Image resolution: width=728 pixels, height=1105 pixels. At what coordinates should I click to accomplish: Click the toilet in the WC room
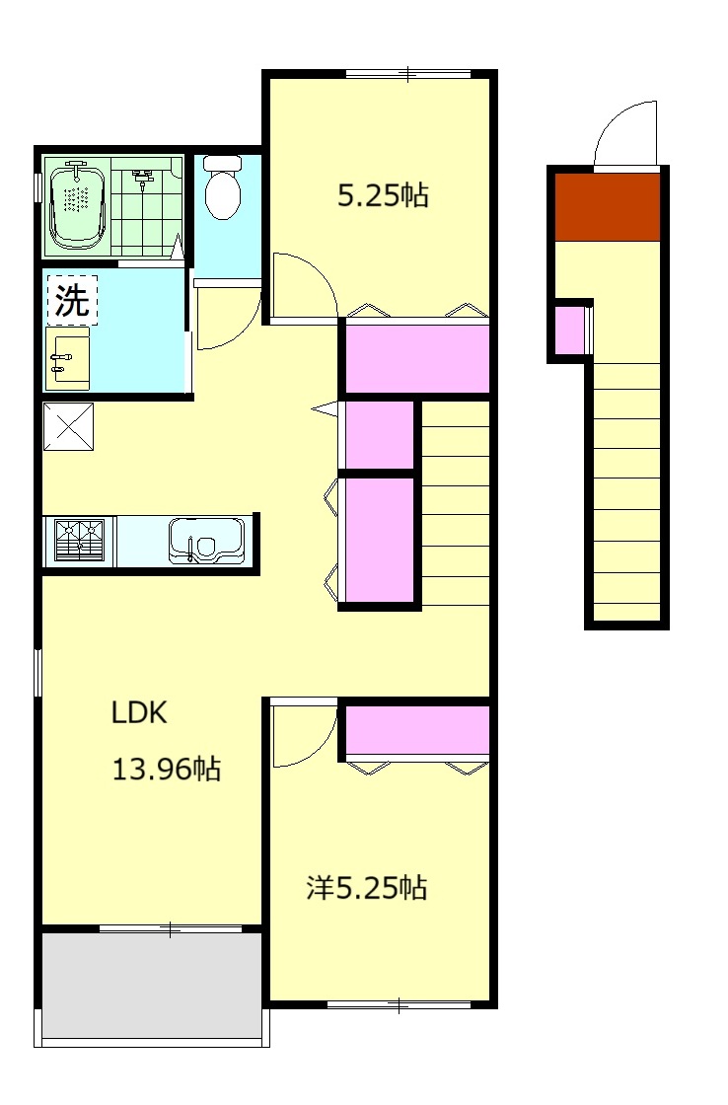[x=223, y=186]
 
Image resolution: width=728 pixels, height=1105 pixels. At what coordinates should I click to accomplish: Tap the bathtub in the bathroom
[x=77, y=205]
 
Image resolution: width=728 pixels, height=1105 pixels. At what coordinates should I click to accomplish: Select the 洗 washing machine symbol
[x=73, y=300]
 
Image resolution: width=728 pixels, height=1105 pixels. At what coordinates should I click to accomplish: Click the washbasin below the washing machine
[x=68, y=358]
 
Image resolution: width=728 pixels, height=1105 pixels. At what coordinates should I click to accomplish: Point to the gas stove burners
[x=80, y=542]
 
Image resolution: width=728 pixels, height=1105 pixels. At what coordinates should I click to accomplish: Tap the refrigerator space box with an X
[x=68, y=426]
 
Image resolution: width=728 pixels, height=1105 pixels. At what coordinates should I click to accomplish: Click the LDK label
[x=139, y=712]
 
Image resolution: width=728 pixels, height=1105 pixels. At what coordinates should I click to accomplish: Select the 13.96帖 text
[x=167, y=769]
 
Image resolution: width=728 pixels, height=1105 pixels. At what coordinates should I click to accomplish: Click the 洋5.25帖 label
[x=367, y=888]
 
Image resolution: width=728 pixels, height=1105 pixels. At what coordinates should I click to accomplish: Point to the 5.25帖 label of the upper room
[x=383, y=195]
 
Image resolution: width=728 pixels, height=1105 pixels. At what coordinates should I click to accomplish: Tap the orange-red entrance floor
[x=608, y=207]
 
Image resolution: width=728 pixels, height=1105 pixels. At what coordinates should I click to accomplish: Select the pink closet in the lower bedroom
[x=418, y=730]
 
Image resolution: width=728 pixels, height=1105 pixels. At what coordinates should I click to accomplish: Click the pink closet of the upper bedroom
[x=418, y=359]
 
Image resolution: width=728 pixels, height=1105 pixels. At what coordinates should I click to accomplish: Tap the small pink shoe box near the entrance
[x=570, y=330]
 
